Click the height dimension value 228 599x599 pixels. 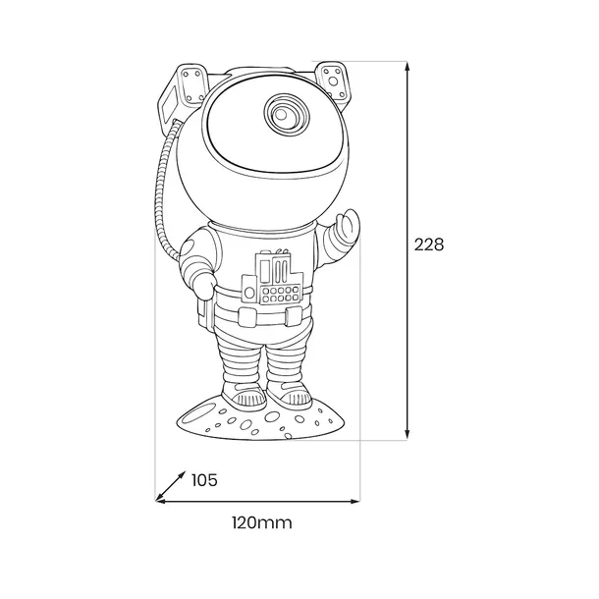point(429,245)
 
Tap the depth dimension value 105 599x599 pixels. point(204,480)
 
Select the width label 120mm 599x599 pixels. point(262,522)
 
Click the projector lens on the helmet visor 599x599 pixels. point(281,114)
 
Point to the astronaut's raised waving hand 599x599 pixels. point(349,228)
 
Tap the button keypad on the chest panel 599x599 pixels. point(281,295)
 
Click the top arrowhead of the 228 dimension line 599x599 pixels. point(408,66)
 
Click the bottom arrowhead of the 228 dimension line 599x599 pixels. point(408,434)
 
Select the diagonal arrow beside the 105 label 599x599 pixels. point(171,485)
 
